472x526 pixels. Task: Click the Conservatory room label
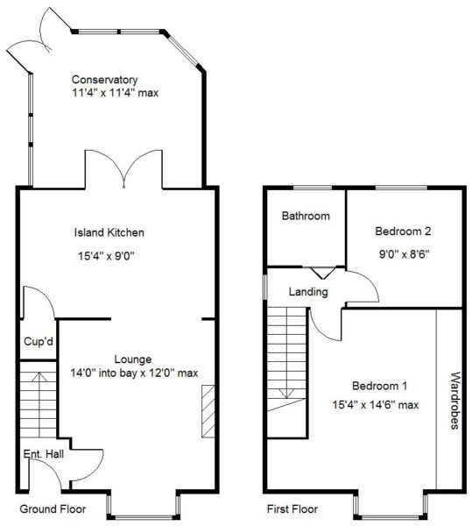pyautogui.click(x=104, y=80)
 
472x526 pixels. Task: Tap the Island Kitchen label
pyautogui.click(x=109, y=232)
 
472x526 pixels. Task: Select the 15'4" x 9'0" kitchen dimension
pyautogui.click(x=106, y=256)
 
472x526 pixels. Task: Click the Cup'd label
pyautogui.click(x=39, y=342)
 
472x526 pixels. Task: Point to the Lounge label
pyautogui.click(x=133, y=359)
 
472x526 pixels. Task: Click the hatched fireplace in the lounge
pyautogui.click(x=208, y=411)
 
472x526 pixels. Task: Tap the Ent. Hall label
pyautogui.click(x=44, y=454)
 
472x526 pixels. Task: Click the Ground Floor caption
pyautogui.click(x=53, y=508)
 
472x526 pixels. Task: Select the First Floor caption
pyautogui.click(x=292, y=508)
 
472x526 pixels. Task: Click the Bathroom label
pyautogui.click(x=306, y=216)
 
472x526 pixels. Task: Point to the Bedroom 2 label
pyautogui.click(x=403, y=231)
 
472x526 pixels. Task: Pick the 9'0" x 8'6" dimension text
pyautogui.click(x=404, y=254)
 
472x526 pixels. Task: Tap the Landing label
pyautogui.click(x=308, y=292)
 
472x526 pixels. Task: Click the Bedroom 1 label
pyautogui.click(x=379, y=386)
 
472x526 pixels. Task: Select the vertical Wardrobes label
pyautogui.click(x=454, y=401)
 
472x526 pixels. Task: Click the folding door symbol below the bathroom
pyautogui.click(x=323, y=273)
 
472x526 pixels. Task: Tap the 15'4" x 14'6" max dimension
pyautogui.click(x=376, y=405)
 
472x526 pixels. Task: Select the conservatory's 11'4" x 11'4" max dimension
pyautogui.click(x=116, y=92)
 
